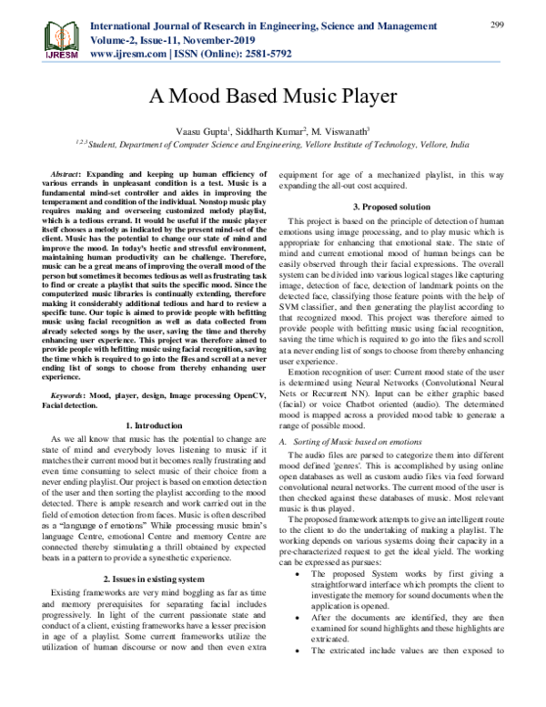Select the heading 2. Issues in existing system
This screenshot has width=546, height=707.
point(153,579)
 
